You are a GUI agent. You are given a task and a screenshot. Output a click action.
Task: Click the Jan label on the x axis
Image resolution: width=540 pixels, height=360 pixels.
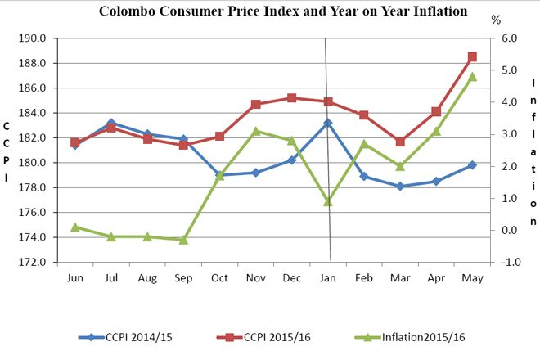pyautogui.click(x=328, y=277)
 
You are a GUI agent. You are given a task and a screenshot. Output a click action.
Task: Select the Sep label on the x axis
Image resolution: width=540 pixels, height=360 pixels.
pyautogui.click(x=183, y=277)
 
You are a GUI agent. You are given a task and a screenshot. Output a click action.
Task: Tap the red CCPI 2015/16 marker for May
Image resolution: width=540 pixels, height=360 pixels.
pyautogui.click(x=472, y=57)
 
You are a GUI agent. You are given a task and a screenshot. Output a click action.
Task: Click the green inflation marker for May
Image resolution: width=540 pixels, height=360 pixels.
pyautogui.click(x=472, y=77)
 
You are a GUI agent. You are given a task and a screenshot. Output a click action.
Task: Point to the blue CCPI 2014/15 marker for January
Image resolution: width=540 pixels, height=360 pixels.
pyautogui.click(x=328, y=123)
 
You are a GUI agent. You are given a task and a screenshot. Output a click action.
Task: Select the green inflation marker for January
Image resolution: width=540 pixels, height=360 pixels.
pyautogui.click(x=328, y=201)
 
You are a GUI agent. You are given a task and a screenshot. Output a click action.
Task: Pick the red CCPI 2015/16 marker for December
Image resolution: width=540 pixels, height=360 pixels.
pyautogui.click(x=292, y=98)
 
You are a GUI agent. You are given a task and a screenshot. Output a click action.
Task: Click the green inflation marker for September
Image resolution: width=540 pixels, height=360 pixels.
pyautogui.click(x=183, y=240)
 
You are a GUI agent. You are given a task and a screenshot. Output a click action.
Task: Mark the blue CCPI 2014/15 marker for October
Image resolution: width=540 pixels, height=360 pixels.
pyautogui.click(x=220, y=175)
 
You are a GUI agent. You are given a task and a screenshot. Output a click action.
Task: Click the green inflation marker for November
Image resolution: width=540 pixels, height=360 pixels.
pyautogui.click(x=256, y=131)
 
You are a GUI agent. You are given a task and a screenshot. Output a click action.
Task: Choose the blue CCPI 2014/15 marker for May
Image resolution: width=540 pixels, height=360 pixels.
pyautogui.click(x=472, y=165)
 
